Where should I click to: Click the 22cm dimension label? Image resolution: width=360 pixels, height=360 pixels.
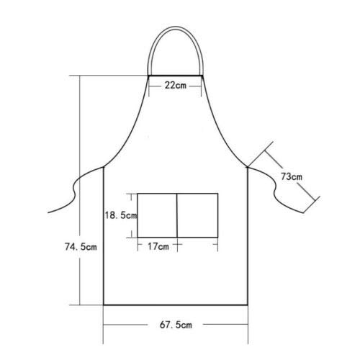176,85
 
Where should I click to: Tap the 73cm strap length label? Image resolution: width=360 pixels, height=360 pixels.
291,176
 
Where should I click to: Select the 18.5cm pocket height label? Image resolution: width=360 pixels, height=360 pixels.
117,215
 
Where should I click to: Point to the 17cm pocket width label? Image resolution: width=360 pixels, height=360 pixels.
158,247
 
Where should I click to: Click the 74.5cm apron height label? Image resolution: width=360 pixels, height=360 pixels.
78,247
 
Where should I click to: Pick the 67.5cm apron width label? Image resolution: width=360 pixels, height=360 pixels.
176,325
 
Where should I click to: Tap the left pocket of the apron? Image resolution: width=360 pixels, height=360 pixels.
157,215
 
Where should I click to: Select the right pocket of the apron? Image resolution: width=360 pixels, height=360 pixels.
197,215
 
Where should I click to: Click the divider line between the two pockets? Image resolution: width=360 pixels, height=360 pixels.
177,215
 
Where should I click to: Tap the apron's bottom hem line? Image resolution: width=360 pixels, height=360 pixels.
176,305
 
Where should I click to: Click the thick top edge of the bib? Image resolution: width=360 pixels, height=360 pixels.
176,75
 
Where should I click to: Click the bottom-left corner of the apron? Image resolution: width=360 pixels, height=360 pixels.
104,305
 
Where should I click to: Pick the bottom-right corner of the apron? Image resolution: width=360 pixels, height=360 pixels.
248,305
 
